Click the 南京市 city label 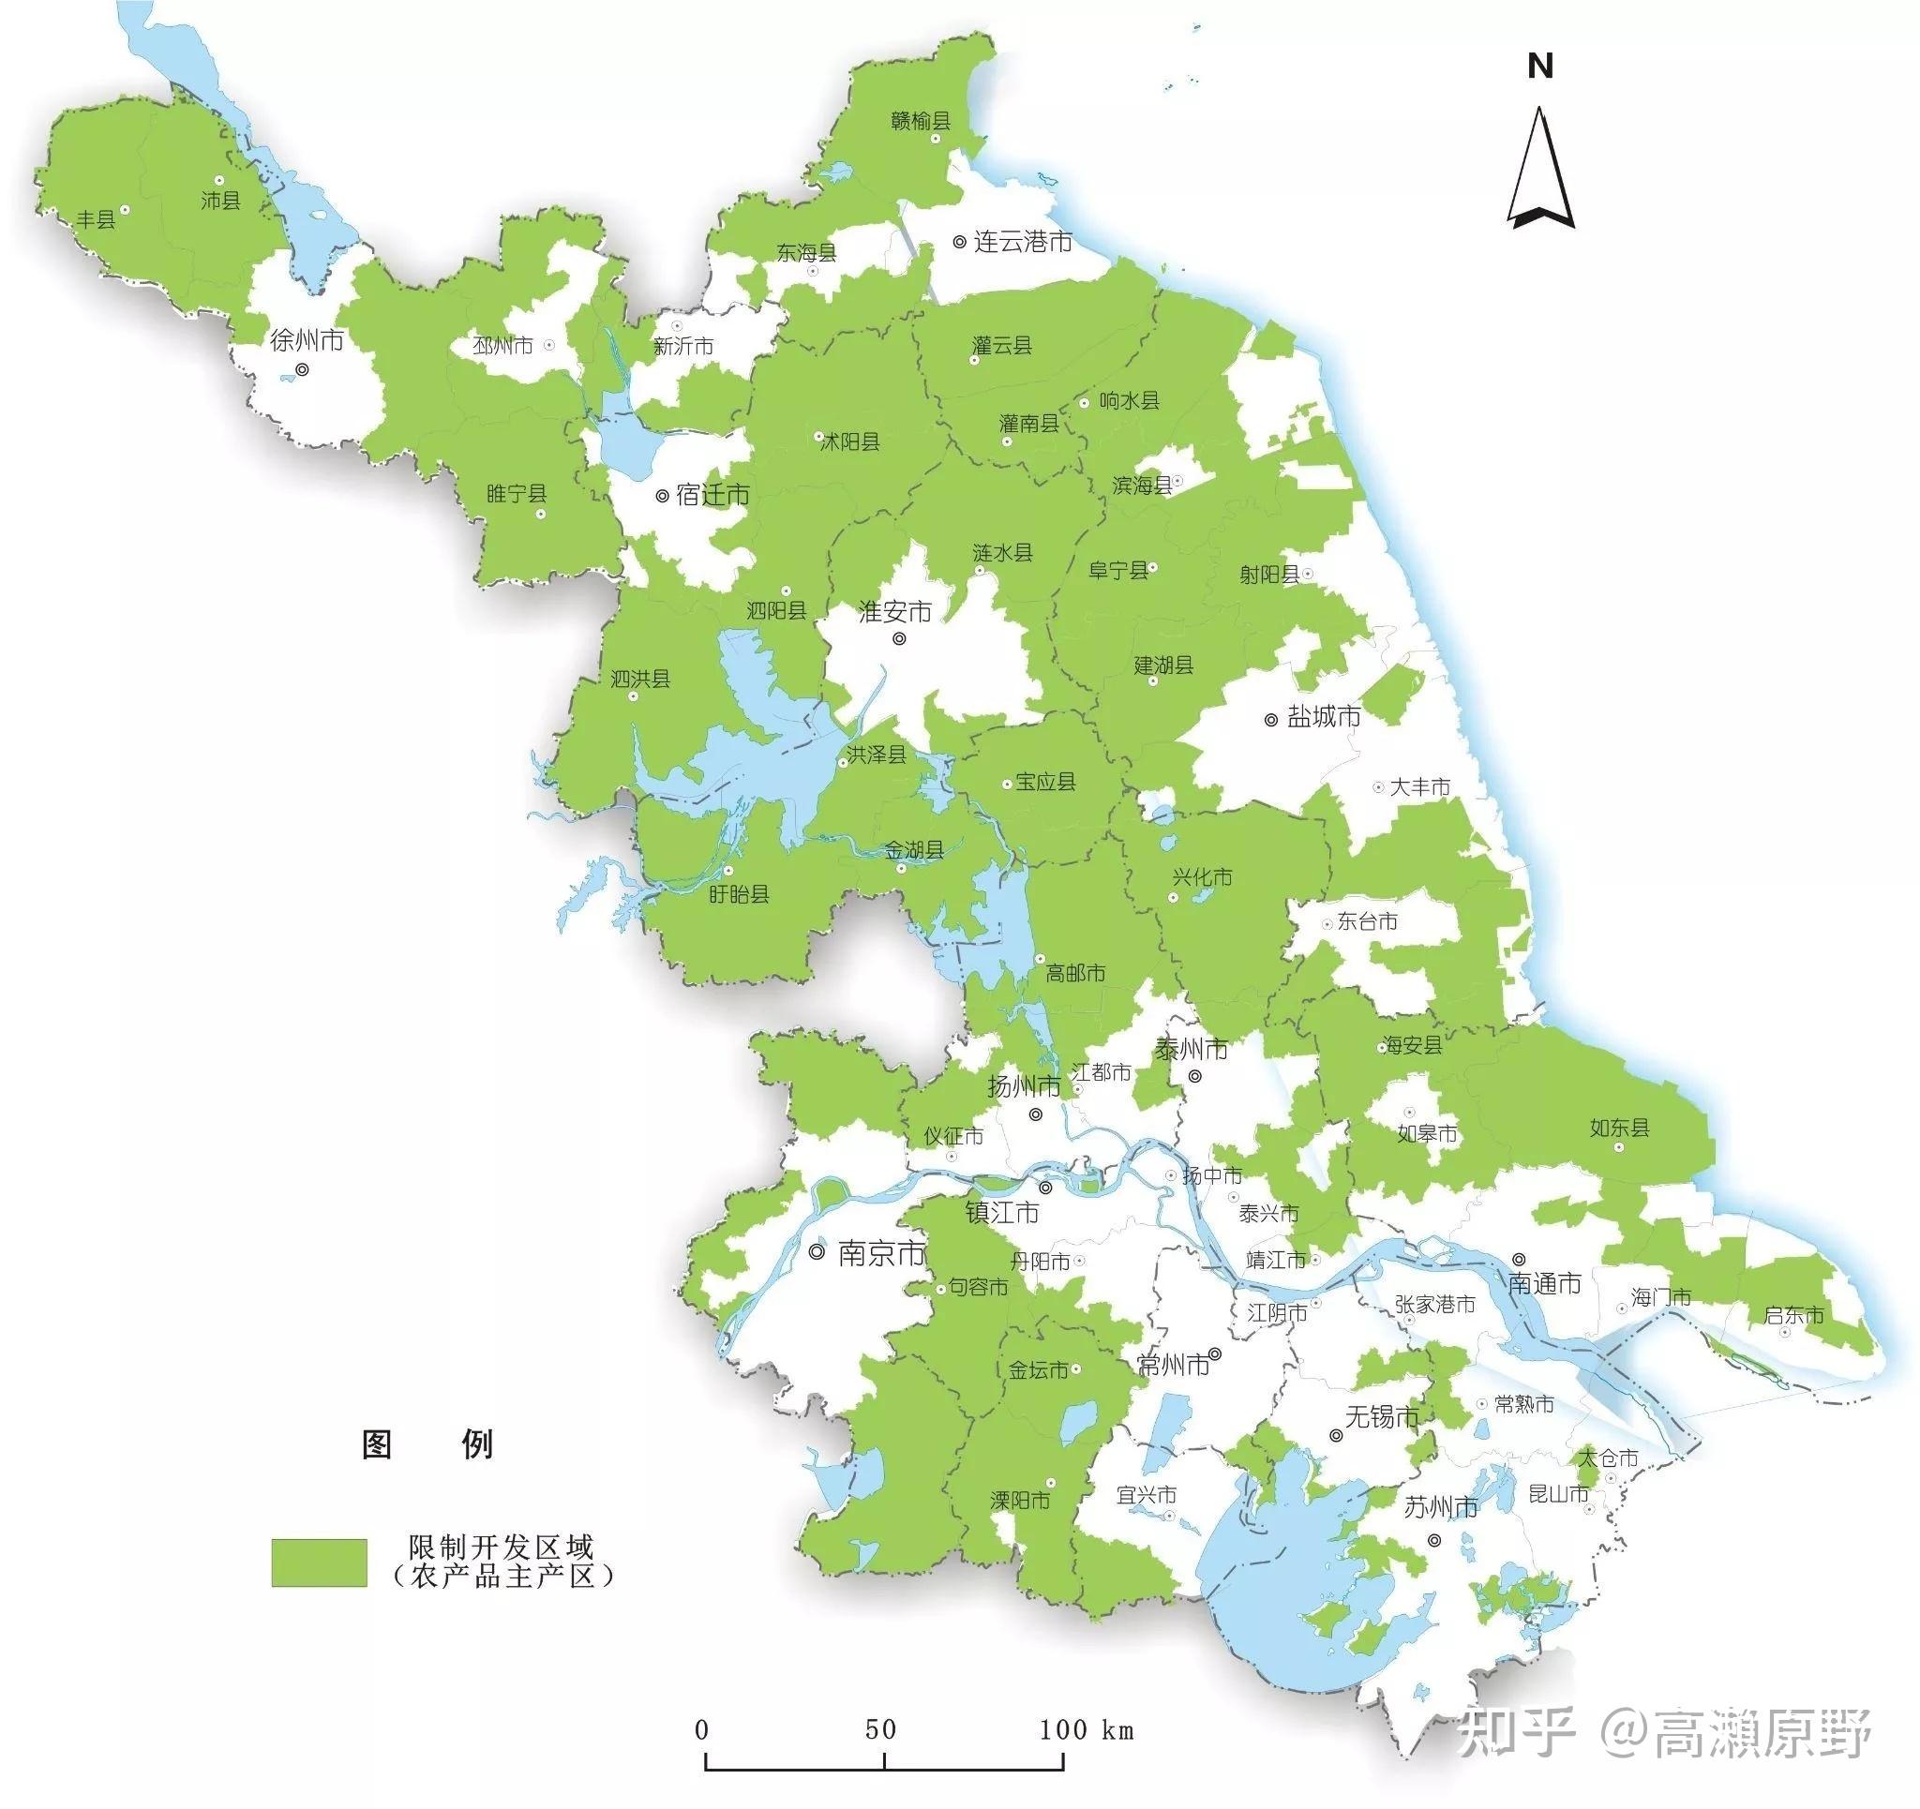(882, 1254)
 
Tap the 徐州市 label (307, 340)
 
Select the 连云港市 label (1023, 242)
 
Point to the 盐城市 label (1324, 717)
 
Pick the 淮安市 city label (895, 611)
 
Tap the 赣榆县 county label (921, 121)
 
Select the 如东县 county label (1620, 1128)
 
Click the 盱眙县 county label (739, 893)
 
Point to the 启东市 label (1793, 1314)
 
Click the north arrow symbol (1540, 169)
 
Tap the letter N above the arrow (1540, 67)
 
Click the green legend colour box (319, 1562)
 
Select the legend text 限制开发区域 (501, 1547)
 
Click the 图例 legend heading (427, 1445)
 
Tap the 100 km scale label (1086, 1728)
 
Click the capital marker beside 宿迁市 (663, 496)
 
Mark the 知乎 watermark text (1515, 1732)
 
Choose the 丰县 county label (97, 219)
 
